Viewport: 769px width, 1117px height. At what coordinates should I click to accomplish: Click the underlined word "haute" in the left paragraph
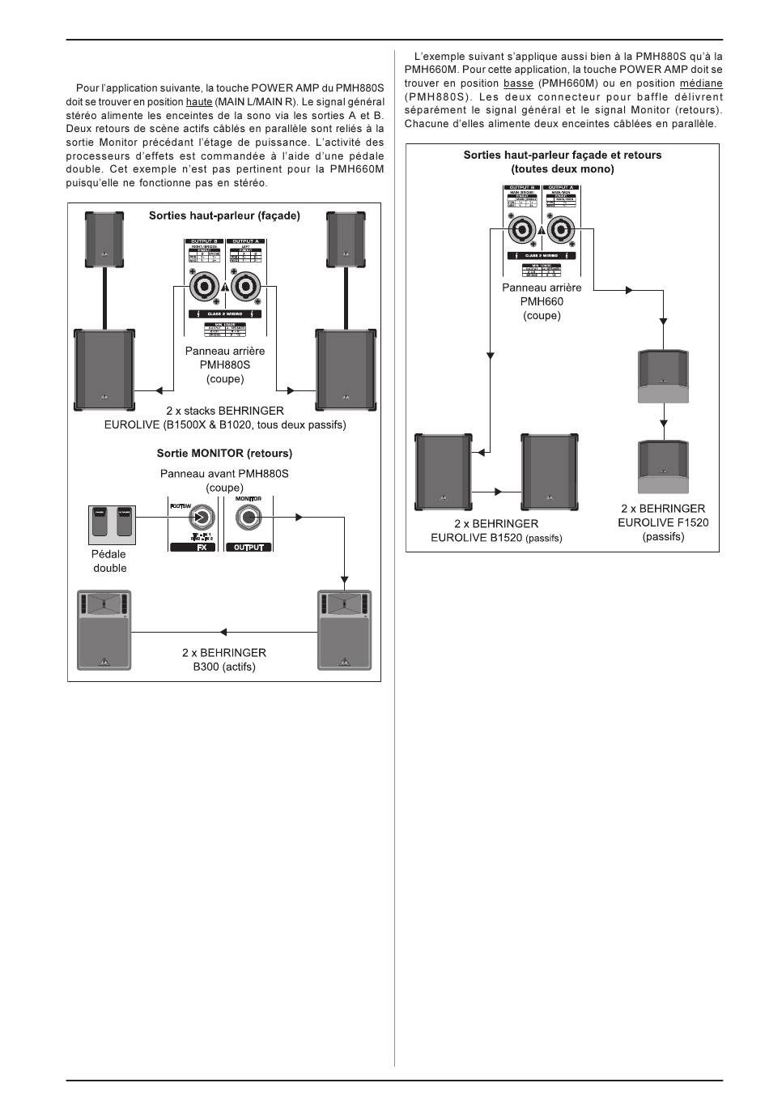click(x=199, y=102)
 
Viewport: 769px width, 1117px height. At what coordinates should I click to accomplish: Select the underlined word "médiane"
click(x=701, y=83)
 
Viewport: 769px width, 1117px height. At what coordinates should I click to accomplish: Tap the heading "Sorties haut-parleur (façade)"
click(x=224, y=216)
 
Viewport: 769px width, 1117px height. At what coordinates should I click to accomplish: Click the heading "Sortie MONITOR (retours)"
click(x=224, y=454)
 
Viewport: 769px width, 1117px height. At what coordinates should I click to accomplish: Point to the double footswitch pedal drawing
click(x=110, y=525)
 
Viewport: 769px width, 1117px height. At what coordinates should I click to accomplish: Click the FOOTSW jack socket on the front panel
click(x=202, y=518)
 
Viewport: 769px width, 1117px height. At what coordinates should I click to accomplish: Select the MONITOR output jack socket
click(x=249, y=518)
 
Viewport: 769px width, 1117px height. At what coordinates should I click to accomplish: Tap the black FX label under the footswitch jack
click(x=193, y=548)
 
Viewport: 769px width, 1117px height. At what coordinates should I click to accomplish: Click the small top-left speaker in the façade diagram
click(x=104, y=239)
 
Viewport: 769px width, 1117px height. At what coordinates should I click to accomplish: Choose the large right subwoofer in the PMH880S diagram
click(x=346, y=369)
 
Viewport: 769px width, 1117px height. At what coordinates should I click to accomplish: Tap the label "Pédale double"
click(x=109, y=561)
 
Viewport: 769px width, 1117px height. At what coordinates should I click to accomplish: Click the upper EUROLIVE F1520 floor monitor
click(x=664, y=376)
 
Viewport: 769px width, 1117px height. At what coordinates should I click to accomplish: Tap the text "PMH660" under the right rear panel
click(x=542, y=301)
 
